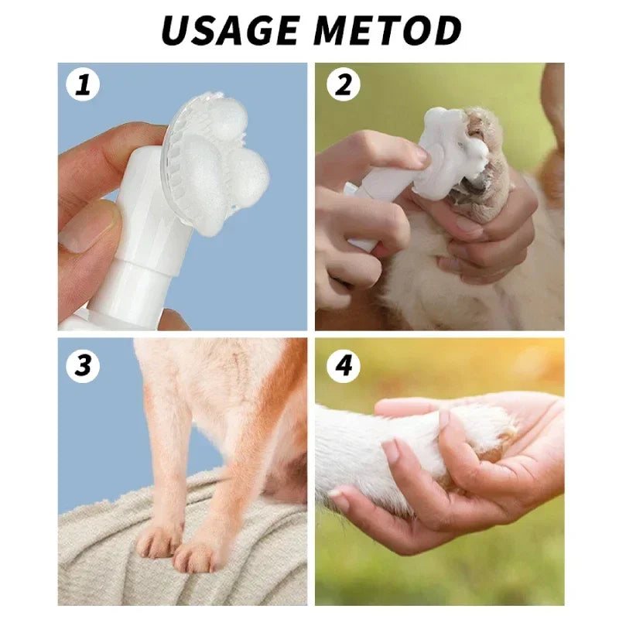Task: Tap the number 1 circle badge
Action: [x=83, y=85]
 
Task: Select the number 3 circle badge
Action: [x=83, y=364]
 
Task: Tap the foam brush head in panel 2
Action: [x=445, y=151]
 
